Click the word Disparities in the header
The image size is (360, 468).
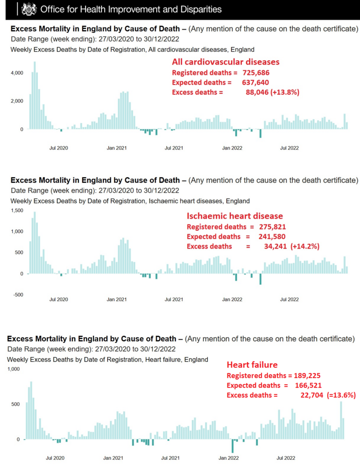[x=199, y=9]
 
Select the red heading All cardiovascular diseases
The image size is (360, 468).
[x=226, y=62]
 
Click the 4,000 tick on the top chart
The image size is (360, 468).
[x=17, y=73]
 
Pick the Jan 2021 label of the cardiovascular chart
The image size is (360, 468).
[x=116, y=148]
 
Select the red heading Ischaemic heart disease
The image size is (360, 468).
[x=235, y=216]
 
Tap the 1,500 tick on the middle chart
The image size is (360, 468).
[x=17, y=211]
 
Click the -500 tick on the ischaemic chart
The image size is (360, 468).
[x=17, y=295]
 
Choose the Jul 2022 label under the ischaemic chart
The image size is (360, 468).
[x=289, y=299]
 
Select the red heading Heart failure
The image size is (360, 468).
[x=252, y=365]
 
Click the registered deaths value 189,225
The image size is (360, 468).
[x=308, y=375]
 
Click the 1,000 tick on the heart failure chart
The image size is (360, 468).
[x=15, y=369]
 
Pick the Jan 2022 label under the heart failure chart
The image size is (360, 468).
[x=230, y=457]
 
